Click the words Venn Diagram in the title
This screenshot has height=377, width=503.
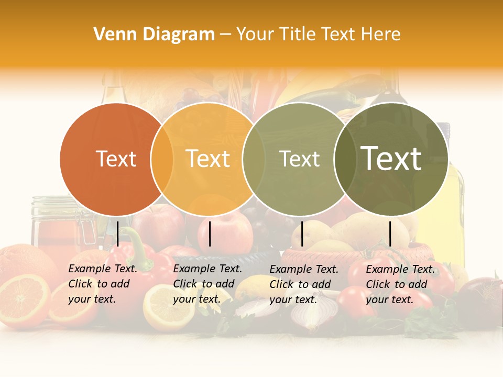[154, 35]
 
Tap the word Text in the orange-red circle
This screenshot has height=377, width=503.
[116, 159]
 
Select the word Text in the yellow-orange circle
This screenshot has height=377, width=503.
[208, 159]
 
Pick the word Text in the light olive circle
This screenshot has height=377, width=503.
[299, 159]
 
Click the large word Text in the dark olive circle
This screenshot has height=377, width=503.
[391, 158]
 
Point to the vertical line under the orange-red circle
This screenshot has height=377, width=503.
[118, 234]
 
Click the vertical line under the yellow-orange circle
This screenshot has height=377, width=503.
[210, 234]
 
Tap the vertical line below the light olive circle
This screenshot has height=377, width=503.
[302, 234]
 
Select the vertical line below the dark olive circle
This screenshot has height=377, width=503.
[390, 234]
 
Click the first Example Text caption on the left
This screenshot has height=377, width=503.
[103, 284]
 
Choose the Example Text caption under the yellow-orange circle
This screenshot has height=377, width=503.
[207, 284]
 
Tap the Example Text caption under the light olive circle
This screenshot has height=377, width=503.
[304, 284]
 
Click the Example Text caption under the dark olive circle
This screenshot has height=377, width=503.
[400, 284]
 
